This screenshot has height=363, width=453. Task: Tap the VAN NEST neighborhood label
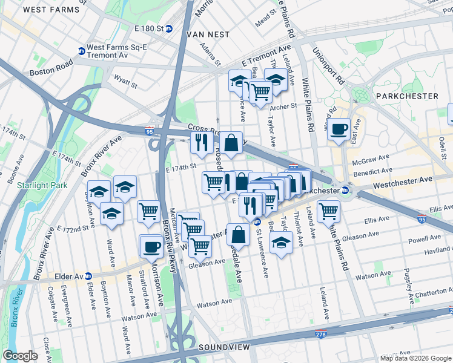coord(208,34)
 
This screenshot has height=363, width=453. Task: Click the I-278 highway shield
coord(321,334)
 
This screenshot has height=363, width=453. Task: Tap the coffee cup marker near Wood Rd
coord(340,128)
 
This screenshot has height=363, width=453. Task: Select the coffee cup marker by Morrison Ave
coord(151,246)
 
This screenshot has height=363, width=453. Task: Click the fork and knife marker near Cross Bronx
coord(202,143)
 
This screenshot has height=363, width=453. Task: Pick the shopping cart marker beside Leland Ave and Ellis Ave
coord(329,211)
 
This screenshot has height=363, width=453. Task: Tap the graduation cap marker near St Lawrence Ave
coord(281,243)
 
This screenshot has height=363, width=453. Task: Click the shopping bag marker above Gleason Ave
coord(240,234)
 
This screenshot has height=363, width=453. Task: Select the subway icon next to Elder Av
coord(87,276)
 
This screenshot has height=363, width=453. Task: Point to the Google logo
coord(21,356)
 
